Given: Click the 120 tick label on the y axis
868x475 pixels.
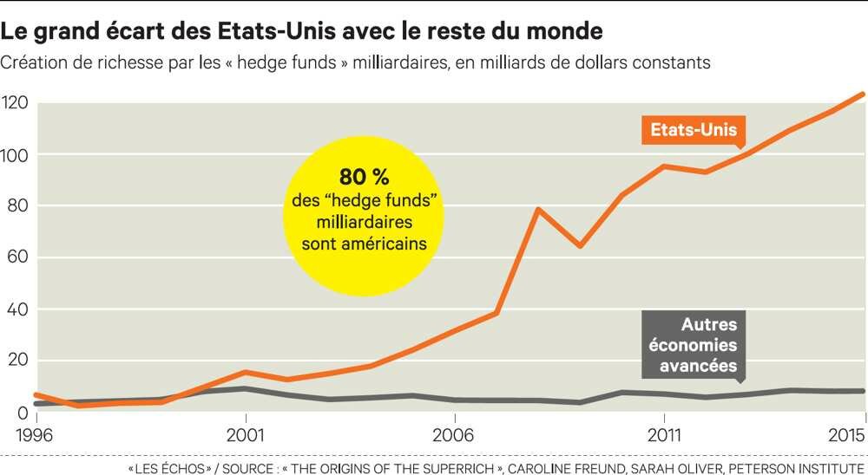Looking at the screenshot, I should [x=16, y=103].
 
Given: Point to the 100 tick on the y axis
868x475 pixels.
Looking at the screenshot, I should [x=16, y=155].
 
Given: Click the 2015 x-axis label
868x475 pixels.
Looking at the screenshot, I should [x=845, y=433].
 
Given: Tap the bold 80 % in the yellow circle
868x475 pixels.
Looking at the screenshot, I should [x=365, y=178].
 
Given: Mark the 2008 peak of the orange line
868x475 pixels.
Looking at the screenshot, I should [x=538, y=209].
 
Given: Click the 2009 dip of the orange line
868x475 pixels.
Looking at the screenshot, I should [x=580, y=246].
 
